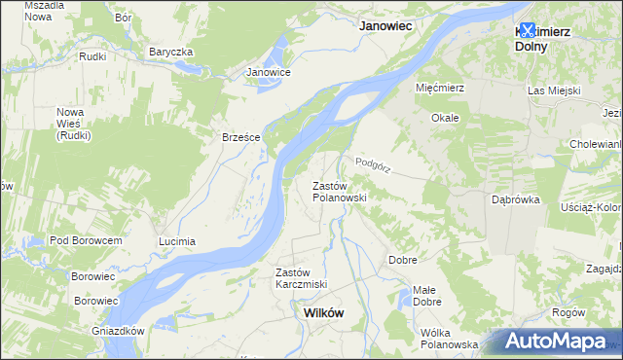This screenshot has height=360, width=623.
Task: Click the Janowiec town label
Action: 390,27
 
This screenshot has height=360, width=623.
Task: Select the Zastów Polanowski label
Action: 339,191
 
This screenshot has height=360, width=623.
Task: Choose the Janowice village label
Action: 269,72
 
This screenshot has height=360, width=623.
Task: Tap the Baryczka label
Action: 171,52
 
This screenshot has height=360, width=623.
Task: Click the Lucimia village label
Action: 177,240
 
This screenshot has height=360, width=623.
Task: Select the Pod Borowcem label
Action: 86,240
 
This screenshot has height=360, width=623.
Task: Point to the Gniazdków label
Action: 117,331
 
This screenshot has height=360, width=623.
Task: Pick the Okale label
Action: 445,117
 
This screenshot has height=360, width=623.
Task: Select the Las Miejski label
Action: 554,90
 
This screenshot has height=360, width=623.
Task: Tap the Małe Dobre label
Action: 425,296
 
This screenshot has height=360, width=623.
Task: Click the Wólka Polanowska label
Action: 449,339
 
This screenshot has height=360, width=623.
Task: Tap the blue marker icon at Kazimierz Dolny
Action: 528,30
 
